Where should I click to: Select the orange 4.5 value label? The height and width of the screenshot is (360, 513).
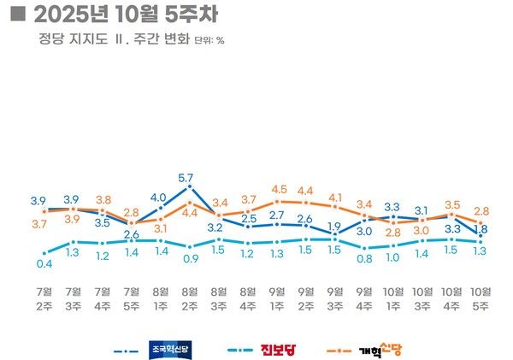(x=278, y=189)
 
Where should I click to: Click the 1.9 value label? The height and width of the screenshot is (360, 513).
(x=335, y=226)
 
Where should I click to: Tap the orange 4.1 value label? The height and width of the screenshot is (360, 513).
(x=335, y=197)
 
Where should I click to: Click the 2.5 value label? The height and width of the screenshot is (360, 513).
(x=248, y=219)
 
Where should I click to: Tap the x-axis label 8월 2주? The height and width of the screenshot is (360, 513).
(x=190, y=296)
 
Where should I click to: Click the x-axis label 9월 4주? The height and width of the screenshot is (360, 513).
(x=364, y=296)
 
